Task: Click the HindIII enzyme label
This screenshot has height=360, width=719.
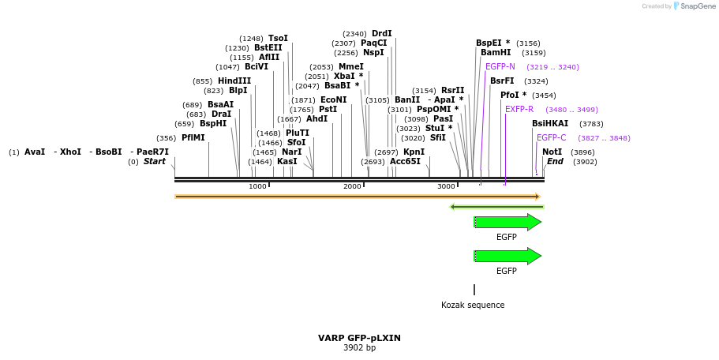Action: point(234,81)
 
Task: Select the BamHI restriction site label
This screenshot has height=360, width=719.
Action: point(496,53)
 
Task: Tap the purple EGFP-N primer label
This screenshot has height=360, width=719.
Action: point(500,67)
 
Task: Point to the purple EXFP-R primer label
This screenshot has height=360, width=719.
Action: point(519,110)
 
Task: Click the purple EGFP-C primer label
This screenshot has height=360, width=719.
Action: point(551,138)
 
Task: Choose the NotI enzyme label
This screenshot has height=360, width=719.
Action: point(552,152)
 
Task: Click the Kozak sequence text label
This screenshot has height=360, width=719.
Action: point(473,306)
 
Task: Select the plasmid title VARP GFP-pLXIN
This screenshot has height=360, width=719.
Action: point(359,338)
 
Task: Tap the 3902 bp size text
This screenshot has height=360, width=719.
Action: point(359,348)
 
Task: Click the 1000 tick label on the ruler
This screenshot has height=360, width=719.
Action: point(257,186)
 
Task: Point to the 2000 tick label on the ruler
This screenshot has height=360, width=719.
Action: point(352,186)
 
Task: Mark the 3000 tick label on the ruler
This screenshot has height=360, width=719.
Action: point(446,186)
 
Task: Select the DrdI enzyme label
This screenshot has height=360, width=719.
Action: point(381,34)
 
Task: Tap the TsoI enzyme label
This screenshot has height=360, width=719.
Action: point(278,39)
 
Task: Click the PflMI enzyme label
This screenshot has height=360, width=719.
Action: point(193,138)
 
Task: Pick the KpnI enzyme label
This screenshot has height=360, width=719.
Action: point(414,152)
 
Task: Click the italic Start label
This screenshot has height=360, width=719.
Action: point(155,162)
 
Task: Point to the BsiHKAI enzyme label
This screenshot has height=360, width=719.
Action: point(550,124)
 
